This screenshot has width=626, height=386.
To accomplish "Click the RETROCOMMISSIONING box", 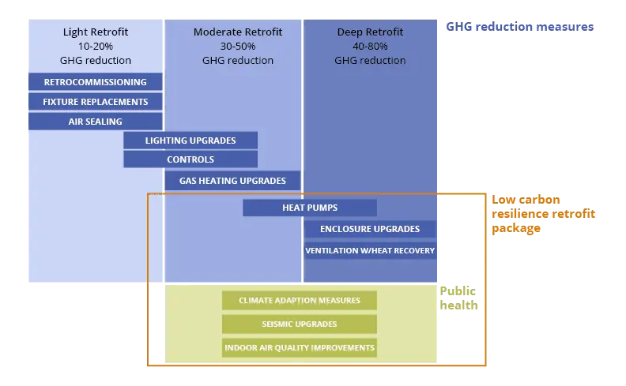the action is pyautogui.click(x=96, y=82).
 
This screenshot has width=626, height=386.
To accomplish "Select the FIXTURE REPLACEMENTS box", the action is pyautogui.click(x=96, y=102).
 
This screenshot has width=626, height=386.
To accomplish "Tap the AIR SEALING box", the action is pyautogui.click(x=96, y=122).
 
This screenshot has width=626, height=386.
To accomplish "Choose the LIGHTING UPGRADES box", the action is pyautogui.click(x=190, y=141).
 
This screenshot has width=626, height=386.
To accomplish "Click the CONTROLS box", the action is pyautogui.click(x=190, y=159).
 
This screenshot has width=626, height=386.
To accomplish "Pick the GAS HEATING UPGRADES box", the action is pyautogui.click(x=232, y=181).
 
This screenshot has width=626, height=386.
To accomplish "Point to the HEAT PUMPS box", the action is pyautogui.click(x=310, y=208).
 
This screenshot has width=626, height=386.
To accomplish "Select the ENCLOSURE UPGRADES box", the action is pyautogui.click(x=370, y=229).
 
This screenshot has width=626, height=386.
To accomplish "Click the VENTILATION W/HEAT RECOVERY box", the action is pyautogui.click(x=370, y=250).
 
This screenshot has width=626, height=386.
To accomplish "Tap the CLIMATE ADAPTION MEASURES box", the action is pyautogui.click(x=300, y=300).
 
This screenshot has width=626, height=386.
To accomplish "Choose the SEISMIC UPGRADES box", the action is pyautogui.click(x=300, y=324).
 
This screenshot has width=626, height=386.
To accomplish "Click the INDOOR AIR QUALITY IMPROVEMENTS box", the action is pyautogui.click(x=300, y=348).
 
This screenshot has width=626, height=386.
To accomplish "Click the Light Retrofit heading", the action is pyautogui.click(x=96, y=32).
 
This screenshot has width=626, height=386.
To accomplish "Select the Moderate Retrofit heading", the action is pyautogui.click(x=238, y=32).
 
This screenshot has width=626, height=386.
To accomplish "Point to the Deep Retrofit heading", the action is pyautogui.click(x=370, y=32).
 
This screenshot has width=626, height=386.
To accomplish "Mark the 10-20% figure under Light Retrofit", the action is pyautogui.click(x=96, y=47).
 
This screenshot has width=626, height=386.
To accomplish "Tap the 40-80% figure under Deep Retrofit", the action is pyautogui.click(x=370, y=47).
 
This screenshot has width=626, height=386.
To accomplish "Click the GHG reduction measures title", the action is pyautogui.click(x=520, y=27).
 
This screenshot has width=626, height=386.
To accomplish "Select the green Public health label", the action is pyautogui.click(x=458, y=298).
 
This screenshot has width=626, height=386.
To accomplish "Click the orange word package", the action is pyautogui.click(x=516, y=228).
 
